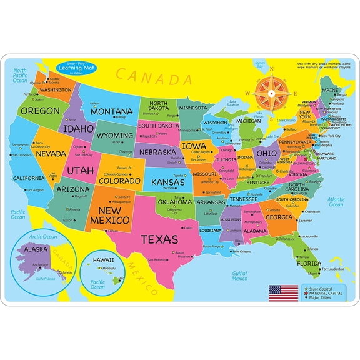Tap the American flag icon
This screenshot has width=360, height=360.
(280, 291)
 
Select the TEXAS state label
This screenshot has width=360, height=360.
(159, 239)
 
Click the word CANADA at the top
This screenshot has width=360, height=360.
(152, 77)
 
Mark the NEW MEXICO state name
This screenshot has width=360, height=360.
(110, 216)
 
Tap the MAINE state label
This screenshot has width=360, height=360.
(330, 89)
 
